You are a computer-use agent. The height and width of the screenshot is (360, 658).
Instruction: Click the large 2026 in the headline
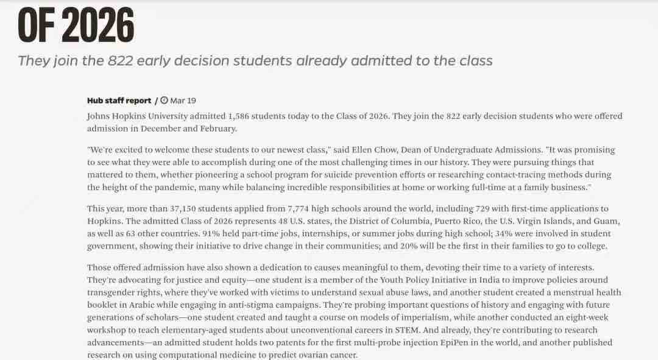97,26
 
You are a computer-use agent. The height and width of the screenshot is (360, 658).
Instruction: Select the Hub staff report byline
119,101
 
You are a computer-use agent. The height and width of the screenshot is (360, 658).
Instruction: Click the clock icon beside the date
164,101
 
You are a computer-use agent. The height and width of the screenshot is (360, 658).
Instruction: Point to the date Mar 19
183,101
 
